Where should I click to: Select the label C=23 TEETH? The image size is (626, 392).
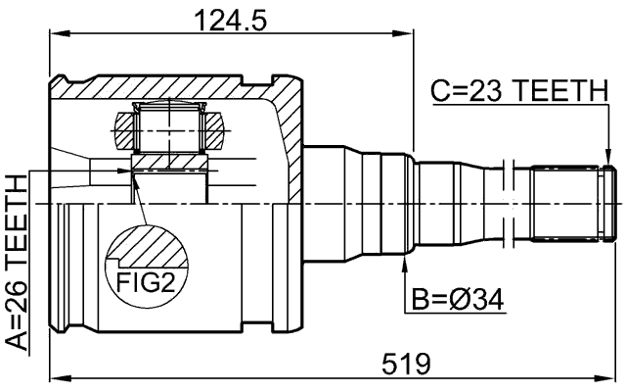click(x=518, y=92)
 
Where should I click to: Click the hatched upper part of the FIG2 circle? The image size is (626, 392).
click(x=147, y=245)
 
